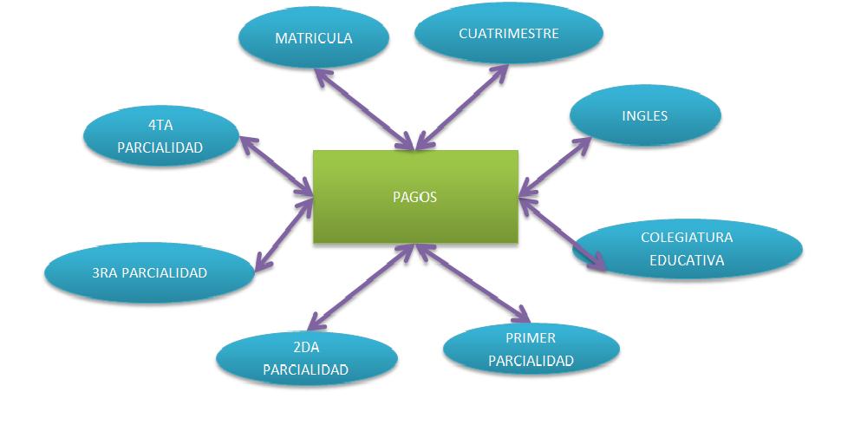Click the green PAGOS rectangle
point(415,196)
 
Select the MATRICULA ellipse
point(313,38)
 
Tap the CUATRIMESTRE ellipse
point(508,34)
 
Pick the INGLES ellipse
point(645,115)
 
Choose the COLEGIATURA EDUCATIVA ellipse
point(687,248)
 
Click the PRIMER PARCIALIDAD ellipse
point(531,349)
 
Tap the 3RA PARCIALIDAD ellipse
point(149,273)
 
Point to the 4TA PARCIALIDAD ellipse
point(160,136)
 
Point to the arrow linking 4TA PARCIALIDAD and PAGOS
point(277,165)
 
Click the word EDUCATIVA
point(687,259)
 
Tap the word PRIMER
point(531,338)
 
